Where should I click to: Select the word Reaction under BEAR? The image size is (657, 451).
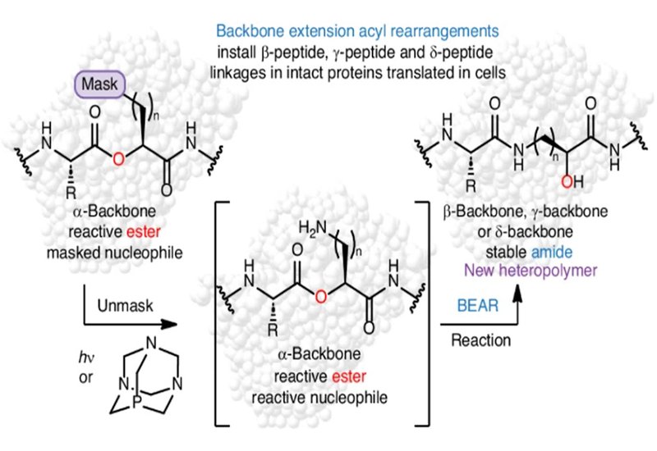coord(481,339)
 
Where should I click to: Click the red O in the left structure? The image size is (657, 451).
coord(117,157)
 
